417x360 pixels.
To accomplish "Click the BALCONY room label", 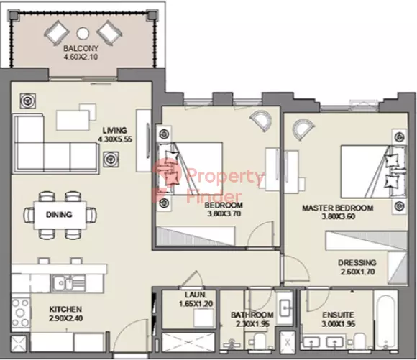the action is click(81, 48).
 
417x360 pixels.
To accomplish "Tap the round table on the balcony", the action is click(83, 33).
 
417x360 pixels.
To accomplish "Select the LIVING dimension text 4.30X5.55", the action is click(115, 139).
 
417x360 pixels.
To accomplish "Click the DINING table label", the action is click(59, 215).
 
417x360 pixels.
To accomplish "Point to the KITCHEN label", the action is click(65, 309).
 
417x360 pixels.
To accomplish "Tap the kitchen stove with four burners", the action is click(20, 313).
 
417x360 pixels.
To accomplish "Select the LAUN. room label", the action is click(196, 295).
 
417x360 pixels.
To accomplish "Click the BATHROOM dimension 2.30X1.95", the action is click(252, 324).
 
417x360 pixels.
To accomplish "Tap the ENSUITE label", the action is click(338, 315).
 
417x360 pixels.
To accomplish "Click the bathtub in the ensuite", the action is click(385, 320).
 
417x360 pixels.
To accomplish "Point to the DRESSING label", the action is click(357, 263).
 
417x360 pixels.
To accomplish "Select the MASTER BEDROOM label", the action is click(338, 208).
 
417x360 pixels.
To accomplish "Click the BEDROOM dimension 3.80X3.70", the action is click(224, 213).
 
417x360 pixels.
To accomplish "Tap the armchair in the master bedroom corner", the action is click(303, 129).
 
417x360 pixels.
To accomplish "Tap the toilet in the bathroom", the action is click(260, 341).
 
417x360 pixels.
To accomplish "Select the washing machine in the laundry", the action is click(203, 318).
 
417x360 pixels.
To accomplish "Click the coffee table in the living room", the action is click(73, 120).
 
